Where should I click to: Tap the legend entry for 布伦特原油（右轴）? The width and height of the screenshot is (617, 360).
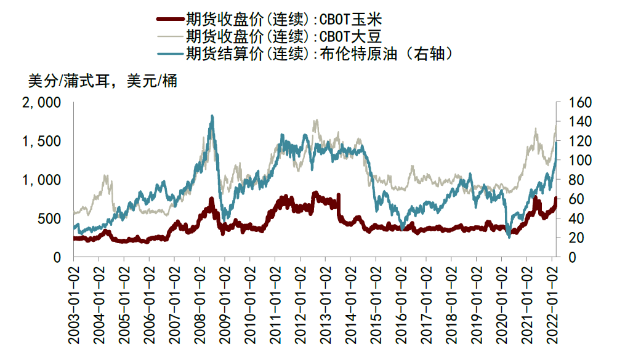tap(320, 54)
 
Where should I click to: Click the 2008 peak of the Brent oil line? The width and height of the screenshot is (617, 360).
tap(212, 116)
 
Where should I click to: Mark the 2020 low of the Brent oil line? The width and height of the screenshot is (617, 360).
tap(509, 236)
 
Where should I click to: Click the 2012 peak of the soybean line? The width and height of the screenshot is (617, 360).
tap(317, 121)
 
